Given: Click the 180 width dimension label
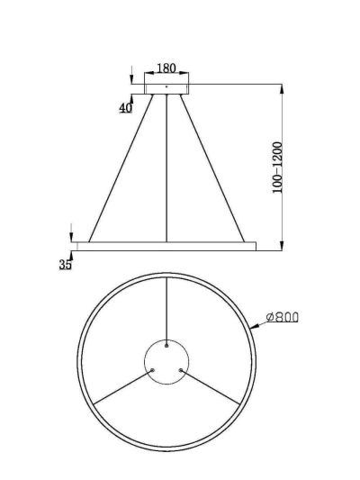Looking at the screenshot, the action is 166,68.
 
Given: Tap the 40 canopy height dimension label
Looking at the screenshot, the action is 126,108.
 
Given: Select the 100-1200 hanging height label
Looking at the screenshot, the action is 277,168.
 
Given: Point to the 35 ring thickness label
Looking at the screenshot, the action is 65,265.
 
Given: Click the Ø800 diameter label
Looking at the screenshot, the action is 282,318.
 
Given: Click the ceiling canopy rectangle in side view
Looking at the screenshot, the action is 166,89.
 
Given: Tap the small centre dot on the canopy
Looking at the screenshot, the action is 166,86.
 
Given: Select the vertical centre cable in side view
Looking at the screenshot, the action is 166,168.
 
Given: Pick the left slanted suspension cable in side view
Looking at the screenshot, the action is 121,168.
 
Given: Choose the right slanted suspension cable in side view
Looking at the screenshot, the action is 212,168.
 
